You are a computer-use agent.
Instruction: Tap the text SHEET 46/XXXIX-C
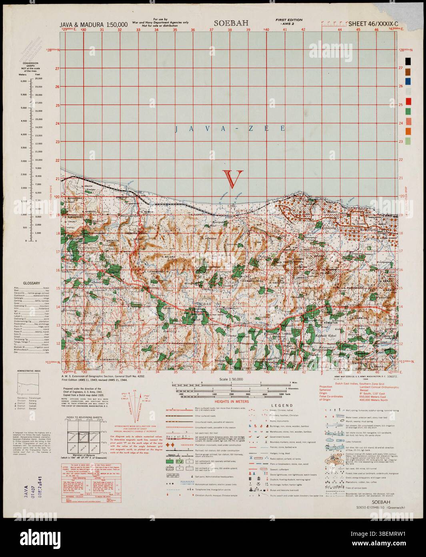click(x=372, y=24)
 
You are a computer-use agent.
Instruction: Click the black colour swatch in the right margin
click(x=408, y=61)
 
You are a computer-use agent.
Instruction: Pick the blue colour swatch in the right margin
click(x=408, y=81)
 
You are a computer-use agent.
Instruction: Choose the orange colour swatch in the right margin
click(x=408, y=131)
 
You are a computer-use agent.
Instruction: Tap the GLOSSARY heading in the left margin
click(x=32, y=283)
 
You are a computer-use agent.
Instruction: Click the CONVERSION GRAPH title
click(x=30, y=66)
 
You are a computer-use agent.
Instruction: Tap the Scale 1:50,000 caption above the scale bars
click(x=232, y=379)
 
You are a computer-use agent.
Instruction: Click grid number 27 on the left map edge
click(x=57, y=69)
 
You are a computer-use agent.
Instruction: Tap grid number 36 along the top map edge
click(x=193, y=29)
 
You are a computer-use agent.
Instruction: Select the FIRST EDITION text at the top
click(x=289, y=20)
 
